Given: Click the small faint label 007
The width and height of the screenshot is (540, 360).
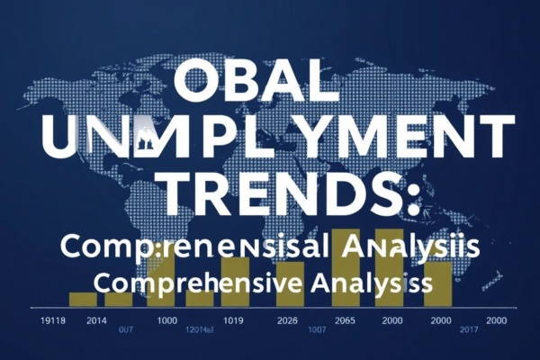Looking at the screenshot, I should pos(125,330).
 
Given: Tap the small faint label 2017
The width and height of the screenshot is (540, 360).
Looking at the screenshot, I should pos(443,330).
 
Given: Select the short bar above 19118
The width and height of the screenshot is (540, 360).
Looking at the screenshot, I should pos(83,299).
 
